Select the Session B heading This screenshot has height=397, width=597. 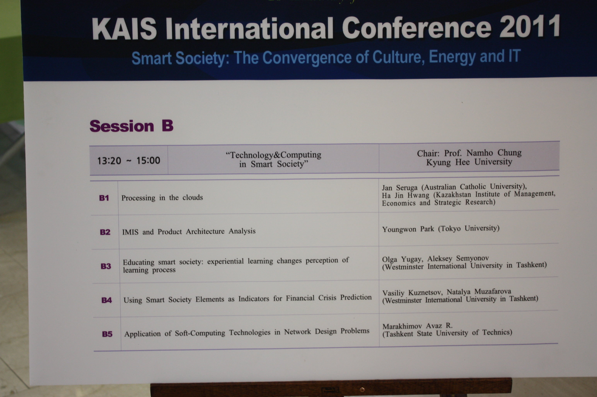click(x=131, y=126)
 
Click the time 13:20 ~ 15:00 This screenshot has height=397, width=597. click(x=129, y=160)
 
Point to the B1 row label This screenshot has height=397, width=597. click(x=104, y=198)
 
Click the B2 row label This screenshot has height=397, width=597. click(x=105, y=232)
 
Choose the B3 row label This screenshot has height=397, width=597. click(x=106, y=266)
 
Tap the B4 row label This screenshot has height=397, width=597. click(x=107, y=300)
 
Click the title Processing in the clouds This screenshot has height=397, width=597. click(x=162, y=198)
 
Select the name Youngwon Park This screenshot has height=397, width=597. click(x=408, y=229)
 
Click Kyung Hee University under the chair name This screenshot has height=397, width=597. click(x=469, y=162)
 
